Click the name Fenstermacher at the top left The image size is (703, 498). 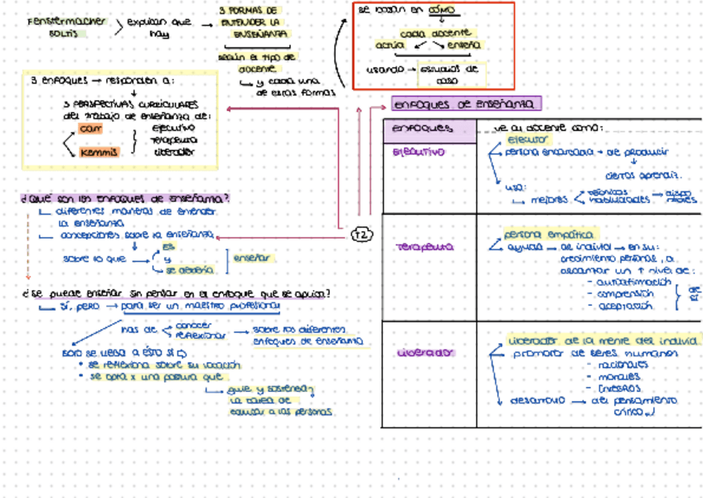(66, 22)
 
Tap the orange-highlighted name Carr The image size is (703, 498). (87, 129)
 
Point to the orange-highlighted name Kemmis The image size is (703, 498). (98, 152)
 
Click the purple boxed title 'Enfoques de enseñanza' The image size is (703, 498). (467, 104)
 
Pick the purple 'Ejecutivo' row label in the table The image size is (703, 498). (419, 152)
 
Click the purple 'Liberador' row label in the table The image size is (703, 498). (424, 352)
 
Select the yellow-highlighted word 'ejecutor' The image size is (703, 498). (528, 140)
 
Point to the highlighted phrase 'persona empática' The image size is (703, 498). (542, 234)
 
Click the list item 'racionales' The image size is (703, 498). (614, 365)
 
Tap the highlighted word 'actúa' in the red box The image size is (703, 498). (389, 46)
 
